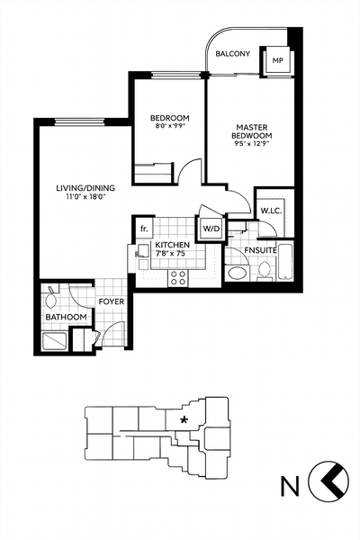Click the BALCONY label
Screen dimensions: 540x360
pos(233,55)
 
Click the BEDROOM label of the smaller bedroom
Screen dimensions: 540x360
pos(169,119)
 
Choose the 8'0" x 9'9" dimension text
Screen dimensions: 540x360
pos(169,128)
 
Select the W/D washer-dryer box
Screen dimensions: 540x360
pos(211,229)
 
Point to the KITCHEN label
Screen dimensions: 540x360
pos(170,245)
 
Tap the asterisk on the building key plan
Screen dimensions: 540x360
pos(184,419)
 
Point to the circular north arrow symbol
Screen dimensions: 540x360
pos(328,483)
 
